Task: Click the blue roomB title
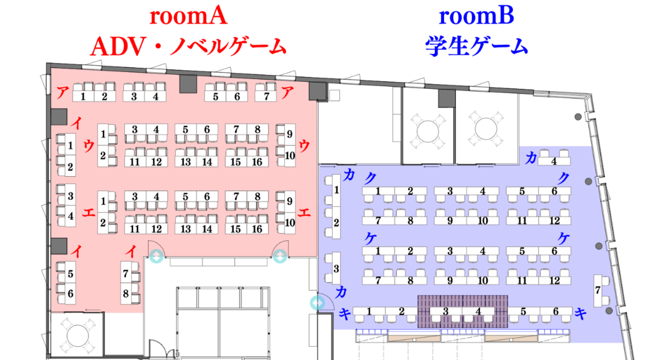[476, 16]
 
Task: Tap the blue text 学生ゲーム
[476, 46]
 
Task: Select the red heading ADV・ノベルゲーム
[188, 47]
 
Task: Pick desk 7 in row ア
[266, 97]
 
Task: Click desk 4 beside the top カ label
[554, 161]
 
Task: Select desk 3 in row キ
[446, 311]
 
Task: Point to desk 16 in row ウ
[257, 162]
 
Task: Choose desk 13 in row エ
[186, 229]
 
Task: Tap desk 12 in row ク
[555, 221]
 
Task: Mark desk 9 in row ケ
[450, 280]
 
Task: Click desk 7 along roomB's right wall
[598, 290]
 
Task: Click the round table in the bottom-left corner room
[77, 336]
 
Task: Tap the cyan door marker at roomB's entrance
[317, 303]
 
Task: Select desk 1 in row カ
[336, 190]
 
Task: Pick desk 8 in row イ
[125, 293]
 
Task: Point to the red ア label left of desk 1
[62, 93]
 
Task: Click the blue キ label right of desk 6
[581, 314]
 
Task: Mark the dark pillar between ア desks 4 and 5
[188, 84]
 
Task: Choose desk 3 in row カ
[336, 268]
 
